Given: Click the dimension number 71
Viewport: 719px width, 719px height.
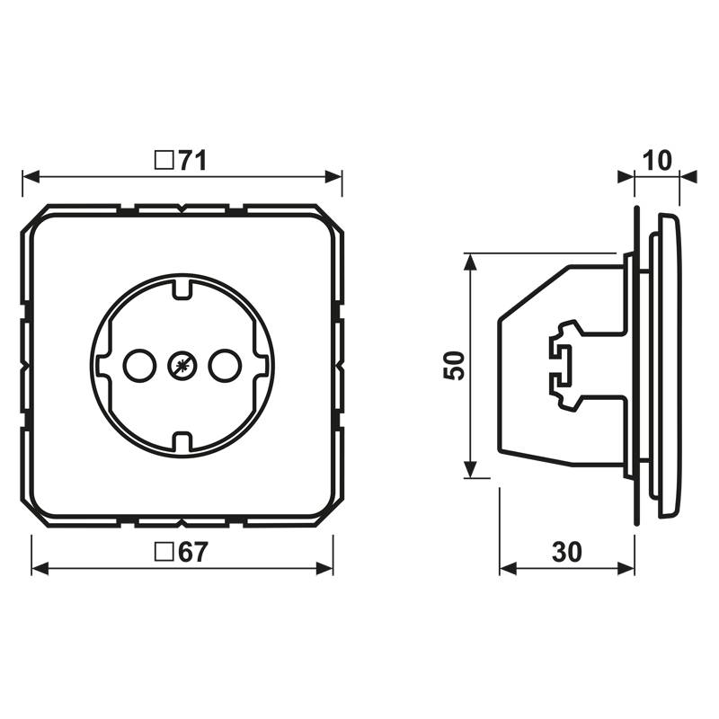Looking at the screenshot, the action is pos(192,161).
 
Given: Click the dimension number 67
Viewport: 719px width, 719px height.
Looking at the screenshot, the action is pos(193,552).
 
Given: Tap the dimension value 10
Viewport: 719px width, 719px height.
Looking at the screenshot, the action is pos(657,161).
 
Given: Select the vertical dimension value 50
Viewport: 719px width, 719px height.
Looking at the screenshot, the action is pos(454,366).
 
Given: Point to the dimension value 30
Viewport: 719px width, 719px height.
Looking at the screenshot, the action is pos(567,552).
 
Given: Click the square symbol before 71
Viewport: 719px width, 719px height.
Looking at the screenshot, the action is pos(164,161).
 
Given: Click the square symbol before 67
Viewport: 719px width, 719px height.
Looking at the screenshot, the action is pos(164,552).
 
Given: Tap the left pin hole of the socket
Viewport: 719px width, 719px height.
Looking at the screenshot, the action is pos(139,366).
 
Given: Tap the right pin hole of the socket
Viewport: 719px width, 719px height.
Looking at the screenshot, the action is pos(225,366).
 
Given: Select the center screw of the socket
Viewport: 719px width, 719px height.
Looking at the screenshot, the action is pos(182,366).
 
